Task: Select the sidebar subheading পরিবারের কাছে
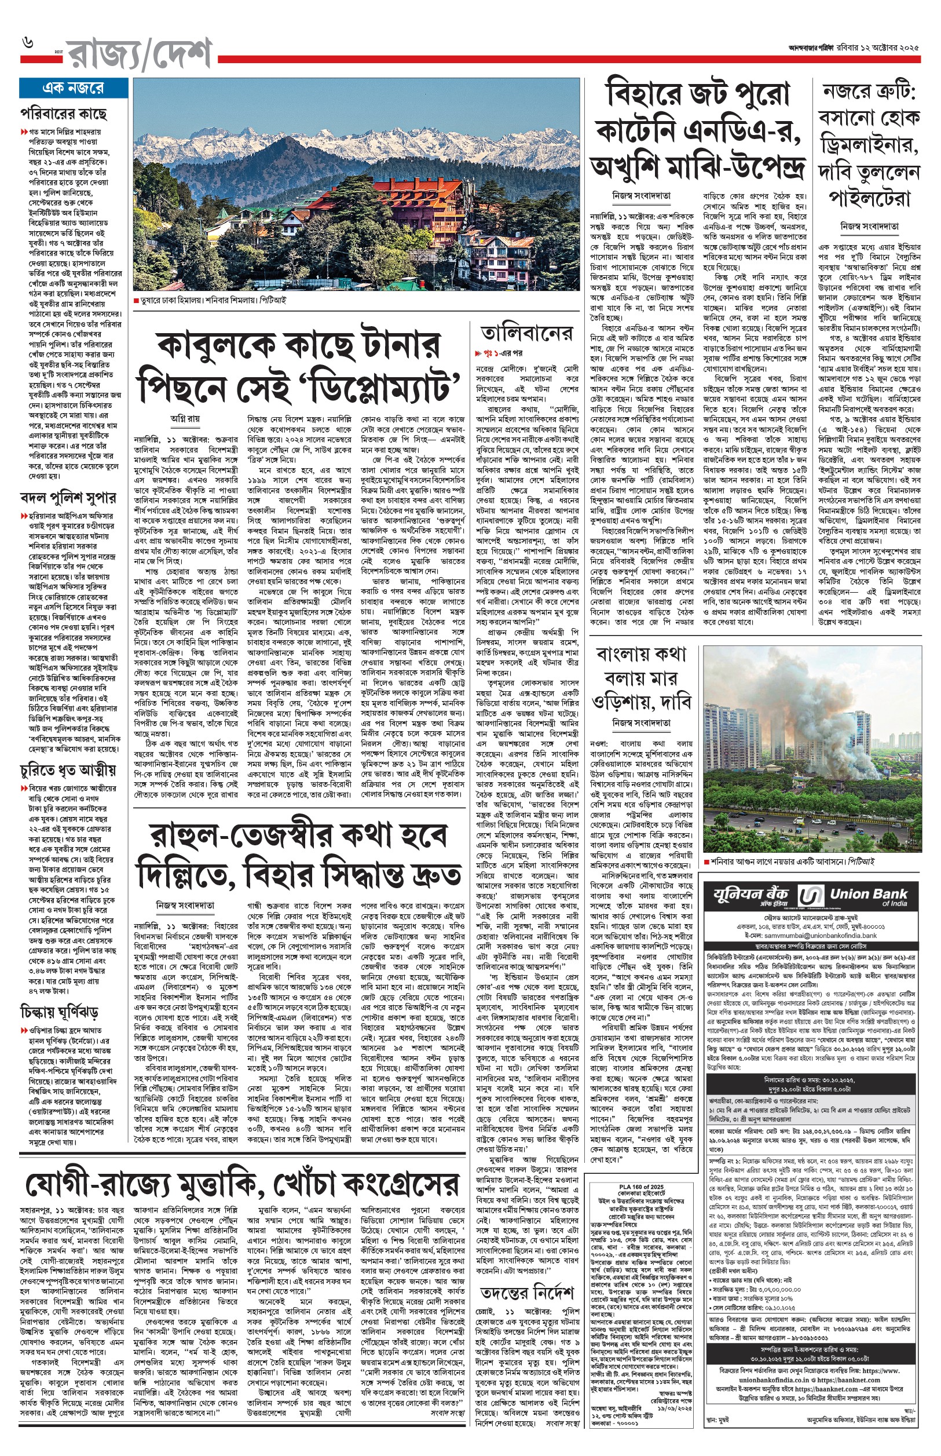tap(64, 114)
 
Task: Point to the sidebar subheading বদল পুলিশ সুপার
tap(67, 498)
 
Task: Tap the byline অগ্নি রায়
tap(185, 419)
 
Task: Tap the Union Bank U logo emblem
tap(810, 896)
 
